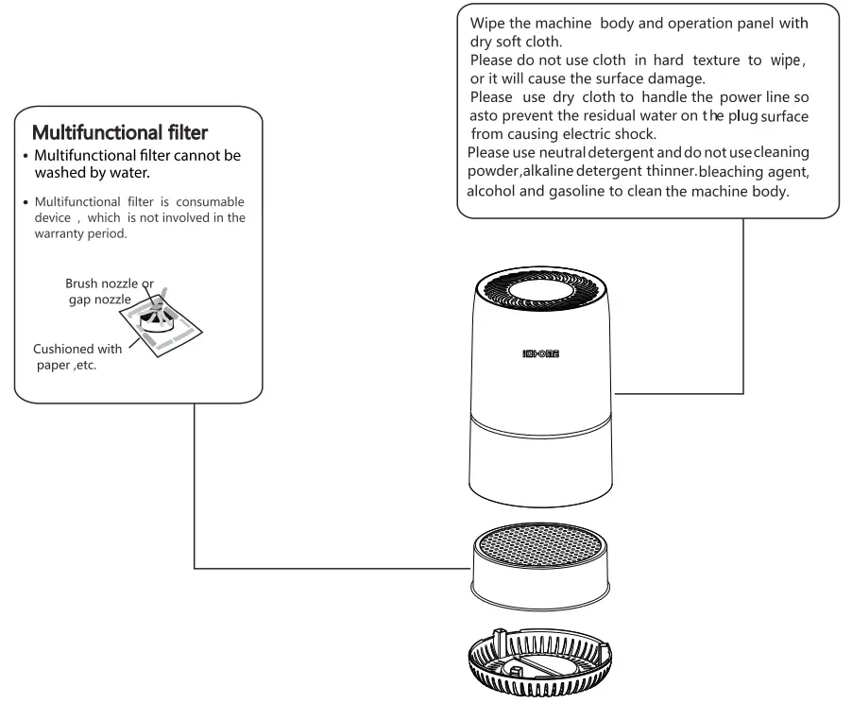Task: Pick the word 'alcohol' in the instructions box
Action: (492, 189)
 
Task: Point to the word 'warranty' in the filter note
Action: (62, 233)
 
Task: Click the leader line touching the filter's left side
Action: (331, 569)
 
